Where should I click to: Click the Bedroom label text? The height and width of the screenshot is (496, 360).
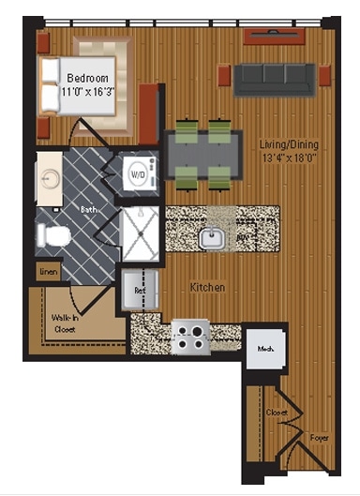[x=88, y=78]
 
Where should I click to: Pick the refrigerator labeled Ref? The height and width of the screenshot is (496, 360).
[x=139, y=290]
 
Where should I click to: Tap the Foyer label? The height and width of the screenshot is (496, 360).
[x=320, y=437]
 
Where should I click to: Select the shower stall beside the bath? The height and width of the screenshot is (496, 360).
[x=141, y=233]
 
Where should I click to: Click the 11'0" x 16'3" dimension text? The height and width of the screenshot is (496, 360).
[x=88, y=92]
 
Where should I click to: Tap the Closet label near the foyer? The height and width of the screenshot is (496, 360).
[x=276, y=411]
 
